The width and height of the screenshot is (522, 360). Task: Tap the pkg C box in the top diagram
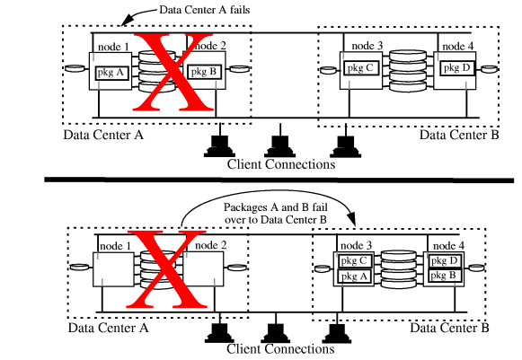click(358, 67)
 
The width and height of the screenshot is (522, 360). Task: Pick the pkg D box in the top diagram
click(454, 68)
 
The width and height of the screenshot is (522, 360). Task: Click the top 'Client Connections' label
click(281, 164)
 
